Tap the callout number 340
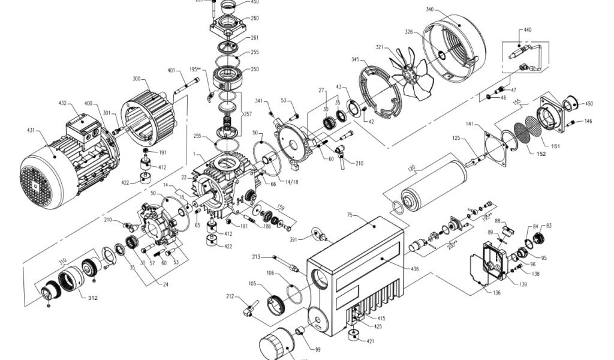pos(430,10)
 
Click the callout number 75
pos(350,214)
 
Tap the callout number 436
pos(415,269)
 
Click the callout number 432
pos(62,104)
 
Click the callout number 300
pos(136,79)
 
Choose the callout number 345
pos(356,61)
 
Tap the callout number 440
pos(528,29)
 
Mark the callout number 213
pos(257,257)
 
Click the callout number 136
pos(496,293)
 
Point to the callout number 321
pos(379,46)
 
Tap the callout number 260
pos(255,19)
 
